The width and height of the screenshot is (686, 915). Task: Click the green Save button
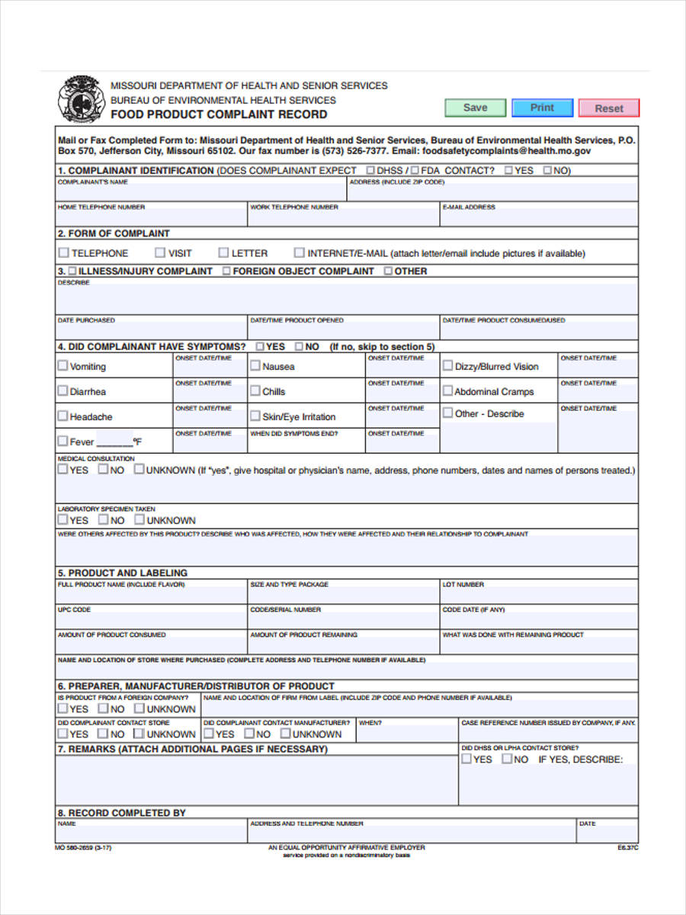click(x=475, y=108)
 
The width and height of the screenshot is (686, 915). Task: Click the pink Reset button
click(x=608, y=108)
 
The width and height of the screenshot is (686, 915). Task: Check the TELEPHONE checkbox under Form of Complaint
click(x=64, y=252)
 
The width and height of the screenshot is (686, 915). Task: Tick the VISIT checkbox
click(x=160, y=252)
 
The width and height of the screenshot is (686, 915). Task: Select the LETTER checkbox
click(x=223, y=252)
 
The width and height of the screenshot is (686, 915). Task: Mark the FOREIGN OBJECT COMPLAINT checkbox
click(x=226, y=271)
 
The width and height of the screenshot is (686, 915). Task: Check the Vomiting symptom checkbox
click(x=63, y=366)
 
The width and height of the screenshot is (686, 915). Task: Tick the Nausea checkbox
click(x=255, y=366)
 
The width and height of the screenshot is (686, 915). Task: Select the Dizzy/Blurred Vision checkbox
click(x=447, y=366)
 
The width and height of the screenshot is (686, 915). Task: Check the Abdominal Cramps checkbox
click(x=447, y=391)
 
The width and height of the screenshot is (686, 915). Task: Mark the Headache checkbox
click(x=63, y=416)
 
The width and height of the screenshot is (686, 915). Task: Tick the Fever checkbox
click(x=63, y=441)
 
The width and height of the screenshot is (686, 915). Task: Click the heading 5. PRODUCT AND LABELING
click(x=122, y=573)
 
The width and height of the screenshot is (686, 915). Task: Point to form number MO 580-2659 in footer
click(x=78, y=847)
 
